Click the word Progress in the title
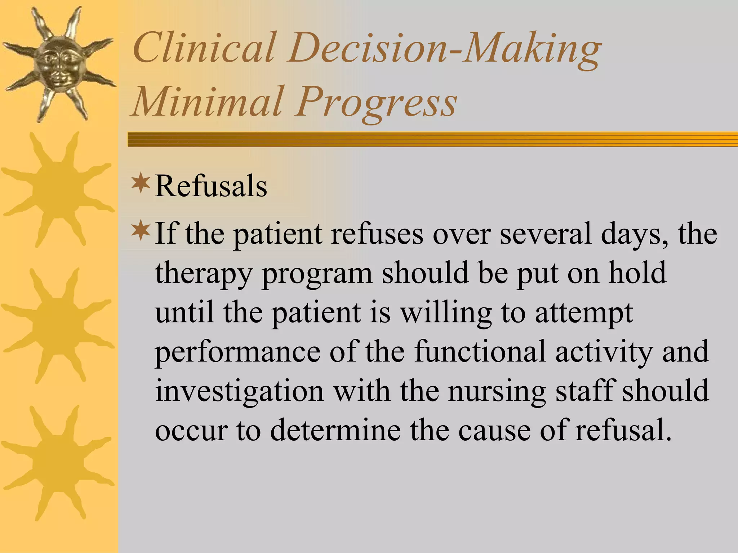pos(377,103)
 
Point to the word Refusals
pos(211,186)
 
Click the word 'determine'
pos(335,430)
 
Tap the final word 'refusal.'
pos(623,430)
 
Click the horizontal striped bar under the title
pos(432,139)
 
